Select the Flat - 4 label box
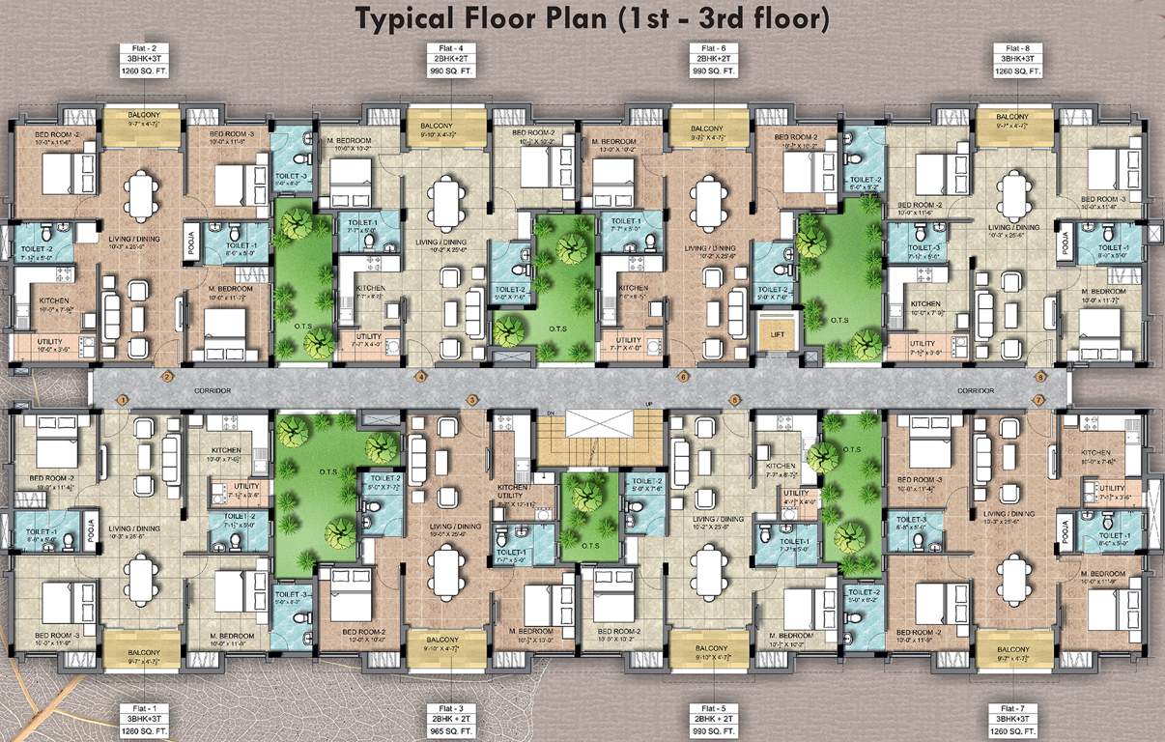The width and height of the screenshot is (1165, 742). [443, 59]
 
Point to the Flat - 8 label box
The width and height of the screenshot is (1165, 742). [1016, 59]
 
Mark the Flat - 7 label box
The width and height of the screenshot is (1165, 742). [1016, 720]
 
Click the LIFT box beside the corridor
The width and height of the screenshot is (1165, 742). [776, 336]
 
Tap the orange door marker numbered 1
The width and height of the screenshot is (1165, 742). [123, 399]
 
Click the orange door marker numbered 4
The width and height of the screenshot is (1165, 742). [420, 377]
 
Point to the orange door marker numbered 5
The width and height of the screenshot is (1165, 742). [734, 399]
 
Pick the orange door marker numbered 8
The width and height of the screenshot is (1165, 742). [1040, 377]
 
